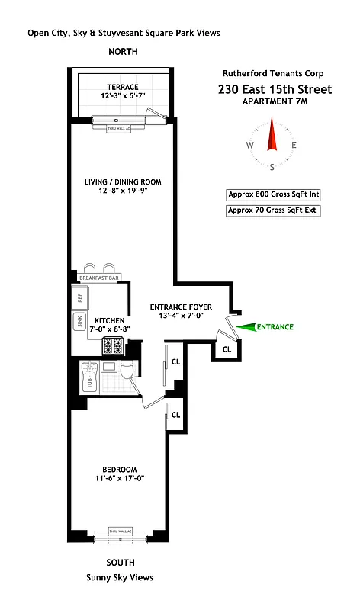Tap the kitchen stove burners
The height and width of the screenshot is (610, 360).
click(x=114, y=345)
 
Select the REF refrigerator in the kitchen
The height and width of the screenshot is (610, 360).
click(x=79, y=297)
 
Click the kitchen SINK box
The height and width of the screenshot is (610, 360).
click(x=79, y=321)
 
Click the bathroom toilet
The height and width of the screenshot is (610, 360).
click(x=127, y=371)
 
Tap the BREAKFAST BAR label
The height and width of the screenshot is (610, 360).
click(x=98, y=278)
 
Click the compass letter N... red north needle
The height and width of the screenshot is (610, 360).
click(x=271, y=135)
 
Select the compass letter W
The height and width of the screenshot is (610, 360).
click(x=249, y=145)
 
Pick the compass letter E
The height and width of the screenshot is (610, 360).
click(x=294, y=145)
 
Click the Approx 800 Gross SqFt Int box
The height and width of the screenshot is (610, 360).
click(x=272, y=194)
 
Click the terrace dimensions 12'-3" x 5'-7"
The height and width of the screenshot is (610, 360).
click(x=122, y=96)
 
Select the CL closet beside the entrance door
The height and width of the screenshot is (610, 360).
click(x=227, y=348)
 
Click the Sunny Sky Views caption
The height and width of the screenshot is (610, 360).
click(x=120, y=577)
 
